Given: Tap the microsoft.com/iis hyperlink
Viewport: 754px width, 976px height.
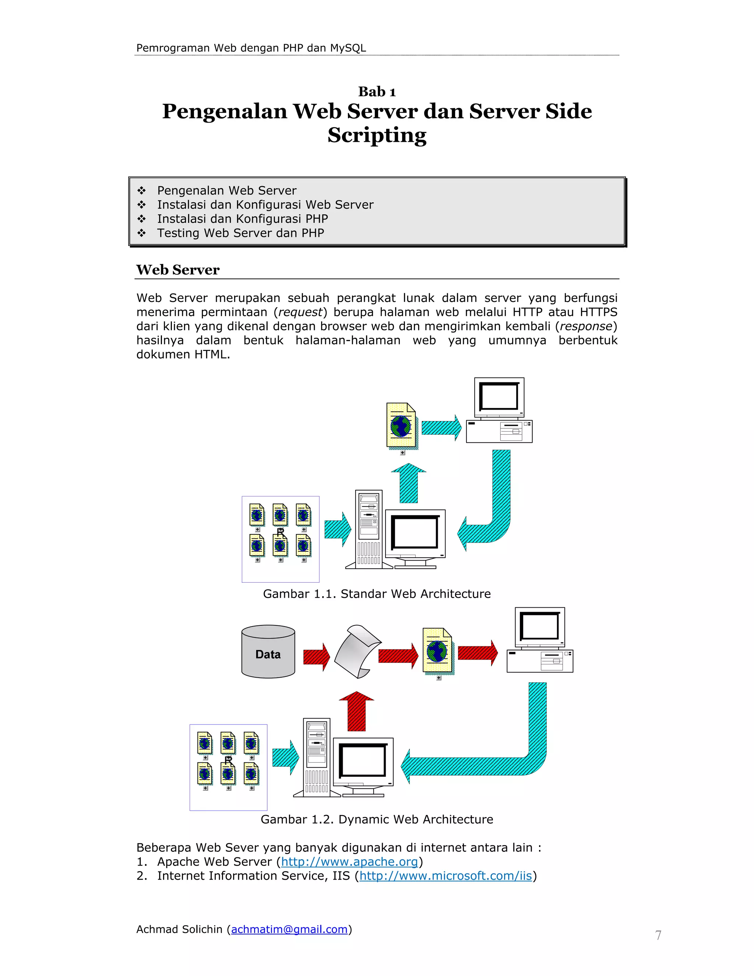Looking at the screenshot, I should [x=445, y=876].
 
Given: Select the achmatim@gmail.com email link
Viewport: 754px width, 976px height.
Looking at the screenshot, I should [x=289, y=930].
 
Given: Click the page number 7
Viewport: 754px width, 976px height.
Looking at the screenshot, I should [x=658, y=935].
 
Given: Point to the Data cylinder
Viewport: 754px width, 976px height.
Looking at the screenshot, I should [x=268, y=653].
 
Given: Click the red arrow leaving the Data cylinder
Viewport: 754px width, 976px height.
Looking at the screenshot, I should [x=316, y=657].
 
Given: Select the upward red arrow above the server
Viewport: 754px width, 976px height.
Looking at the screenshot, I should [x=356, y=712].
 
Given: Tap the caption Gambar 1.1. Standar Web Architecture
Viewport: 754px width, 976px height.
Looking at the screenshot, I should [x=377, y=594].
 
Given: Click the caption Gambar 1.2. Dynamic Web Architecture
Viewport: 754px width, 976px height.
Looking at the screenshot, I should [x=377, y=819].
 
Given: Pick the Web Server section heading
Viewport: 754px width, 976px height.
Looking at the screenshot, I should [x=178, y=270].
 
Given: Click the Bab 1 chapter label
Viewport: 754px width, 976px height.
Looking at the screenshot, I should [x=377, y=92].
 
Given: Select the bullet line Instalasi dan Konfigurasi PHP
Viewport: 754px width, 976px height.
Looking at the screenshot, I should [x=242, y=219].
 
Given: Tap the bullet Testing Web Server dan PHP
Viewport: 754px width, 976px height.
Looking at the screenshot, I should [x=240, y=233].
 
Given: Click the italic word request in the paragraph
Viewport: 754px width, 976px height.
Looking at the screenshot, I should [x=300, y=312].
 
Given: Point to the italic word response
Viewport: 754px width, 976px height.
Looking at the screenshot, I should [x=586, y=327].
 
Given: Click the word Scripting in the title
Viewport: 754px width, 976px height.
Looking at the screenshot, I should [x=377, y=135].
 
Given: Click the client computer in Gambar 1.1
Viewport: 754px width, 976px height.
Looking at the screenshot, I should [x=499, y=410].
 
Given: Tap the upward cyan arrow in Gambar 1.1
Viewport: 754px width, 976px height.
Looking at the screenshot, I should [x=408, y=484].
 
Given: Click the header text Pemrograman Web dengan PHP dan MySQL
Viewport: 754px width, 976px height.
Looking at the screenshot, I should [x=251, y=48].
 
